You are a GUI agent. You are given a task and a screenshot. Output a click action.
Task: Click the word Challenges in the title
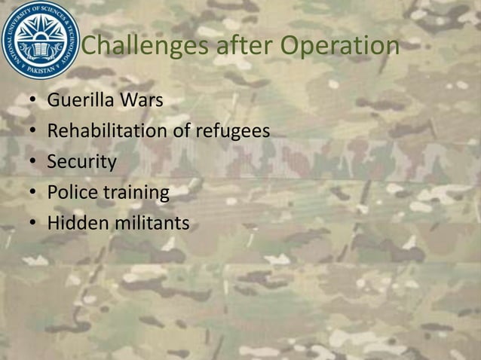coord(144,47)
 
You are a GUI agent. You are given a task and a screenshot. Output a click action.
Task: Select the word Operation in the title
coord(340,47)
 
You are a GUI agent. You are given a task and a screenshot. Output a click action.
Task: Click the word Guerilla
coord(78,99)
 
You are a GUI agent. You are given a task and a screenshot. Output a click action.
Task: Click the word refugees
coord(232,131)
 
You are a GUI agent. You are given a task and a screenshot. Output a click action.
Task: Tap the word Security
coord(81,162)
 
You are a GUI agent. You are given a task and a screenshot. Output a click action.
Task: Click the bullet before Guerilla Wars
coord(33,100)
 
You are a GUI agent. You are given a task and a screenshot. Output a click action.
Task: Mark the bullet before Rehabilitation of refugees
coord(33,132)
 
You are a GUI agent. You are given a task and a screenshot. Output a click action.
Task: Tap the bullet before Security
coord(33,163)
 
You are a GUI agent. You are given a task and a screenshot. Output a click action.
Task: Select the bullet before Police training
coord(33,194)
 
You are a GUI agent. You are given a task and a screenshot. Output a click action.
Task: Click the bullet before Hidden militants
coord(33,224)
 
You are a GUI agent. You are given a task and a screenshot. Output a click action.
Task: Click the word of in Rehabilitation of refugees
coord(182,131)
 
